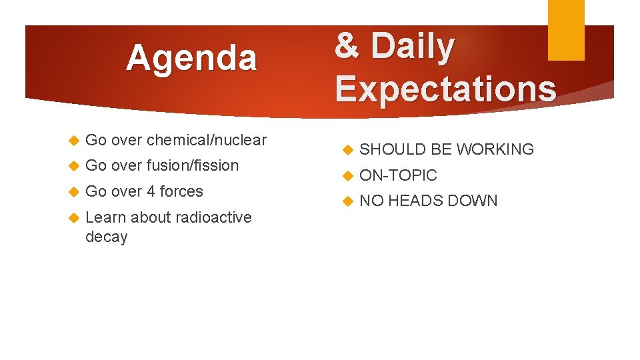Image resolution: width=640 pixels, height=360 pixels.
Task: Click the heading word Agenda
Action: click(191, 58)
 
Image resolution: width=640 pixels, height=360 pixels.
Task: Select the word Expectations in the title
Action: click(445, 89)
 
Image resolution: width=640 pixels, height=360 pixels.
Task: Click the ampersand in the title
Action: click(347, 47)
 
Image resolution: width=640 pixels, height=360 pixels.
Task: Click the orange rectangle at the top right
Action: click(565, 29)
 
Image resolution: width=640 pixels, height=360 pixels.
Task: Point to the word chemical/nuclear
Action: click(206, 140)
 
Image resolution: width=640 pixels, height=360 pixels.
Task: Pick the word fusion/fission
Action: click(192, 165)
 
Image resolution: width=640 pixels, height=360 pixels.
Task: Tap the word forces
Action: click(181, 191)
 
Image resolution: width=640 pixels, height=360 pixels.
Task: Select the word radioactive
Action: click(212, 217)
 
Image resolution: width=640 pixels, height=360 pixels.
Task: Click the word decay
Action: click(106, 237)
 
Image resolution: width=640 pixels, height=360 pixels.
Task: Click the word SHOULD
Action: click(393, 149)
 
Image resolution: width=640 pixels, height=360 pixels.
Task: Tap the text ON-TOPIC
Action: click(398, 175)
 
